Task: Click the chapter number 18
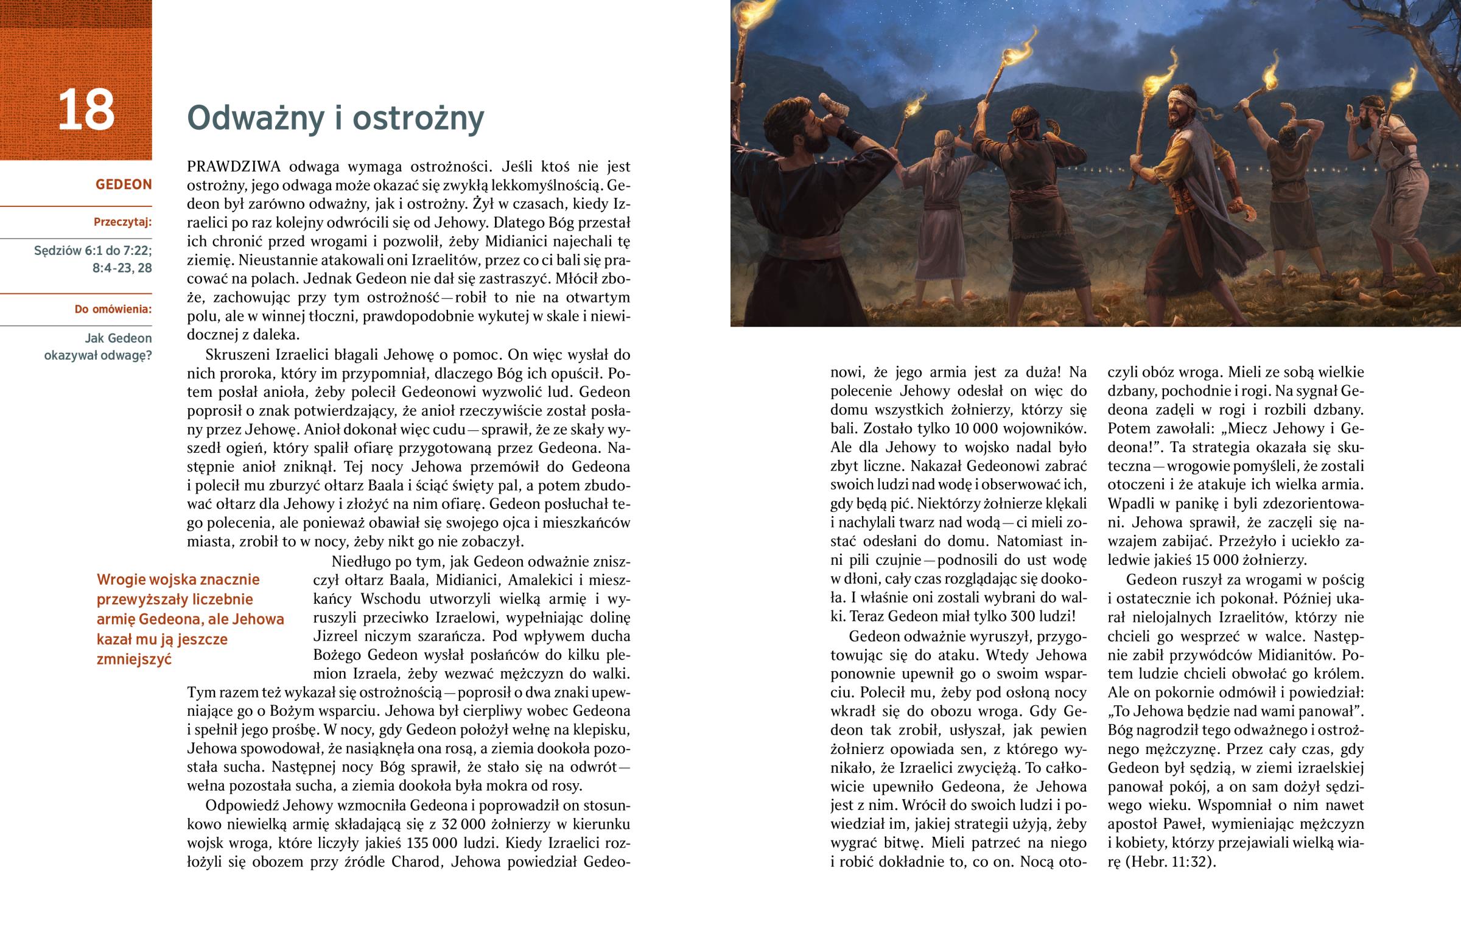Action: pyautogui.click(x=86, y=110)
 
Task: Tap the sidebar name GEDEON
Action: pyautogui.click(x=123, y=185)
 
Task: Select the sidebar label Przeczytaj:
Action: pyautogui.click(x=122, y=222)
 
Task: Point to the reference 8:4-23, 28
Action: pyautogui.click(x=122, y=268)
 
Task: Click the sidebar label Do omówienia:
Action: pyautogui.click(x=113, y=309)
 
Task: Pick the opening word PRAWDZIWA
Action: pyautogui.click(x=234, y=167)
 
